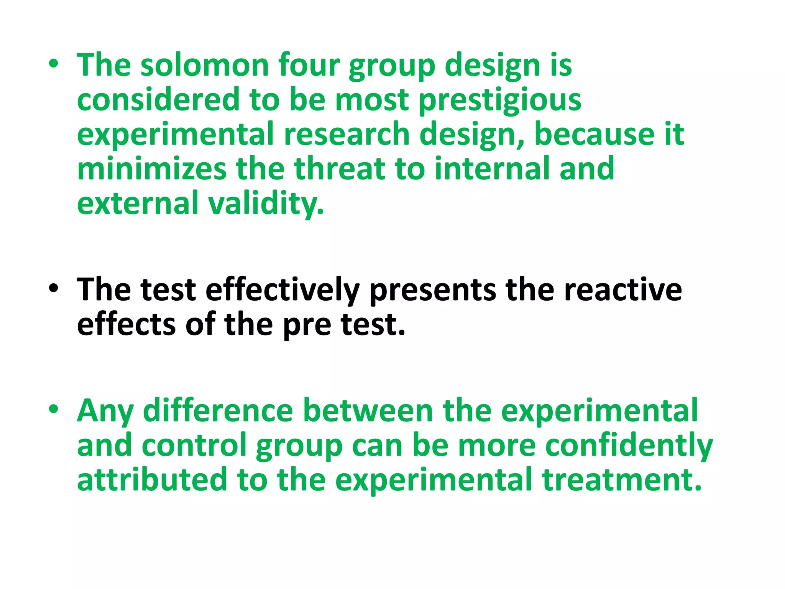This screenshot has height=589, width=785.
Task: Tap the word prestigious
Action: [x=500, y=100]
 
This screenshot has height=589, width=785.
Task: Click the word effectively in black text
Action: [x=282, y=290]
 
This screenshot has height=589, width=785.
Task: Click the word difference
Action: [x=218, y=411]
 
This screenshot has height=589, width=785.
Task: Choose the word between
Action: [x=368, y=411]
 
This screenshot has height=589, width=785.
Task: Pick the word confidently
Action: [x=629, y=446]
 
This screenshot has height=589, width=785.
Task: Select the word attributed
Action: [x=152, y=480]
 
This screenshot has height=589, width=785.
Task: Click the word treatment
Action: [x=622, y=480]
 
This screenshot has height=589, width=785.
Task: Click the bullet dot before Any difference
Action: [x=54, y=409]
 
